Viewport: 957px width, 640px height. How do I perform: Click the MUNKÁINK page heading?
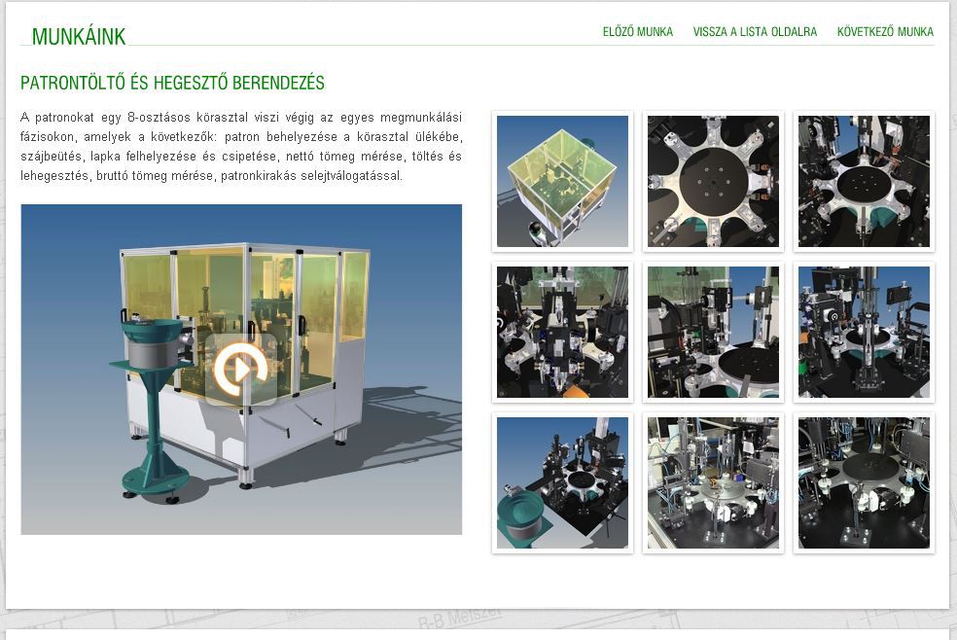click(x=79, y=37)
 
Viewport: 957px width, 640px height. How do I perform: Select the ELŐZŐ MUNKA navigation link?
click(x=638, y=32)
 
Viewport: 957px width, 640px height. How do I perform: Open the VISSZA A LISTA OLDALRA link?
click(x=755, y=32)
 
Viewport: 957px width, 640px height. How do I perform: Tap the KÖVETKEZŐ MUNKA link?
click(x=885, y=32)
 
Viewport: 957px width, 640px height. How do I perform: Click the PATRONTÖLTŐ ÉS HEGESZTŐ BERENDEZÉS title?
click(x=172, y=83)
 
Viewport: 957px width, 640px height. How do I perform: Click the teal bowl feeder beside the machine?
click(x=153, y=340)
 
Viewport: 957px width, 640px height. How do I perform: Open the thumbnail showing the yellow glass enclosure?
click(x=562, y=181)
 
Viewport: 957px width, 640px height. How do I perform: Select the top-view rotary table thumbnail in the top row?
click(x=713, y=181)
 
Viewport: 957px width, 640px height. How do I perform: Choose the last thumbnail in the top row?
click(x=864, y=181)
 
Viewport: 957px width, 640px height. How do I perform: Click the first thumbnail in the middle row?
click(x=562, y=332)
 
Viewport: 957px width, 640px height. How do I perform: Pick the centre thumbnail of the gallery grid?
click(x=713, y=332)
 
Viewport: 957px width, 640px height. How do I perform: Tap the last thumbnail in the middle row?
click(x=864, y=332)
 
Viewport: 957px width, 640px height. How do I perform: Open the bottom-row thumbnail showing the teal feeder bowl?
click(x=562, y=482)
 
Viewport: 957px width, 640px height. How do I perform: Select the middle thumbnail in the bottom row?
click(x=713, y=482)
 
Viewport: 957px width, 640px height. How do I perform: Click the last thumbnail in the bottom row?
click(x=864, y=482)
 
